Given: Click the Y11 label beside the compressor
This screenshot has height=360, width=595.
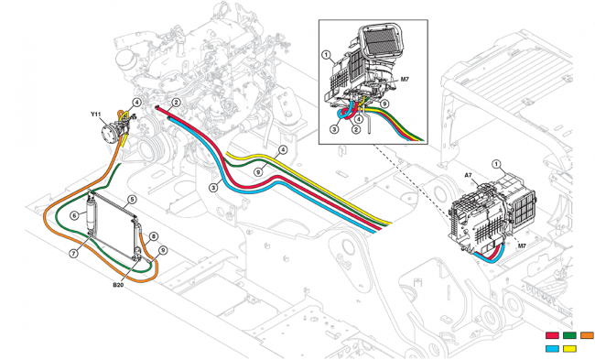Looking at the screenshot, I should (x=95, y=114).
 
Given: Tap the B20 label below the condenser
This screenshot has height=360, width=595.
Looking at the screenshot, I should (x=118, y=286).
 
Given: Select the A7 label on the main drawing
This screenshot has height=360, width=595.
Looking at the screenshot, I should (x=468, y=174).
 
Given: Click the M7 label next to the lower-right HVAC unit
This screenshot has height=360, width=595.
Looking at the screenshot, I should (x=521, y=246).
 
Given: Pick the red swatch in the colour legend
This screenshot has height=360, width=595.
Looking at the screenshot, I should (x=553, y=335).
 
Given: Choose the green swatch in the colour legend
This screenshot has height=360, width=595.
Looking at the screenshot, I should (x=570, y=335).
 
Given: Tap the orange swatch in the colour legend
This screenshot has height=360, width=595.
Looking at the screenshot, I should (x=587, y=335).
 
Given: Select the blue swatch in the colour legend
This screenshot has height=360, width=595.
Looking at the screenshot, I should (x=553, y=348).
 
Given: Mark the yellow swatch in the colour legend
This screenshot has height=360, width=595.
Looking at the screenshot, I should (x=570, y=348).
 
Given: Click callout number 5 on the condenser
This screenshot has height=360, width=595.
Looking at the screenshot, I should (x=133, y=199).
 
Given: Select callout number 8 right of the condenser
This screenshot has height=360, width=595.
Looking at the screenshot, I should (x=154, y=236).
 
